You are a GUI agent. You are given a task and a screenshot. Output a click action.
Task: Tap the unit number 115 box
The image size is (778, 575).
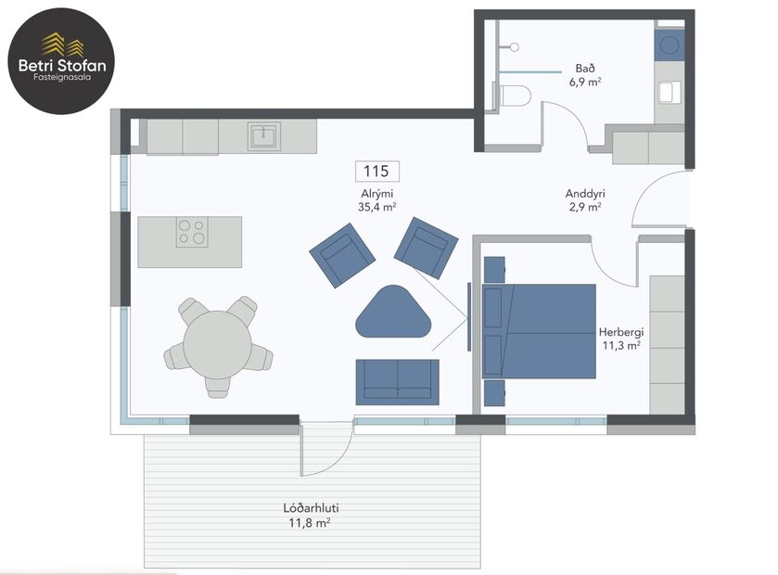(377, 171)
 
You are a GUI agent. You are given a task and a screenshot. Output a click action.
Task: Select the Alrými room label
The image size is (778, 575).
(377, 194)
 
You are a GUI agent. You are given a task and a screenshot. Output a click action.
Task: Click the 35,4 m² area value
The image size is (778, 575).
(377, 207)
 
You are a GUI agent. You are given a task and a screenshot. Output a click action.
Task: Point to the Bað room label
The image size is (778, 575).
(584, 68)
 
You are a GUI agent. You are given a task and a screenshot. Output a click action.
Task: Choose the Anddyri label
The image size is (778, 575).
(585, 194)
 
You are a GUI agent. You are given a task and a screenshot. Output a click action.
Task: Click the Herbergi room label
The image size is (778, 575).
(620, 331)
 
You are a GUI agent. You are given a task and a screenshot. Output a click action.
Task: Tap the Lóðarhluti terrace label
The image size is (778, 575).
(310, 509)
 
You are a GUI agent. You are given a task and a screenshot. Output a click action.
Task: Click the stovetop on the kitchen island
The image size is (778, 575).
(192, 232)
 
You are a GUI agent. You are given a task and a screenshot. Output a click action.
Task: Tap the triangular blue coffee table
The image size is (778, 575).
(393, 313)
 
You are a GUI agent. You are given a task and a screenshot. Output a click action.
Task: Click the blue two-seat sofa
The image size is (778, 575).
(397, 381)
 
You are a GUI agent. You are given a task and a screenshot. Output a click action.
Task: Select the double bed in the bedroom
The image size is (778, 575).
(540, 331)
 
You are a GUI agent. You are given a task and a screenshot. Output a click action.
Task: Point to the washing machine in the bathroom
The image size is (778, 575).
(669, 45)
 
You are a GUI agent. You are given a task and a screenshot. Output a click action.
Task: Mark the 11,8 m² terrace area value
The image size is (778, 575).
(310, 523)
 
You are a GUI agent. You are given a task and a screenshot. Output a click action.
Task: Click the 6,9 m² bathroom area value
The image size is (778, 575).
(584, 82)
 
